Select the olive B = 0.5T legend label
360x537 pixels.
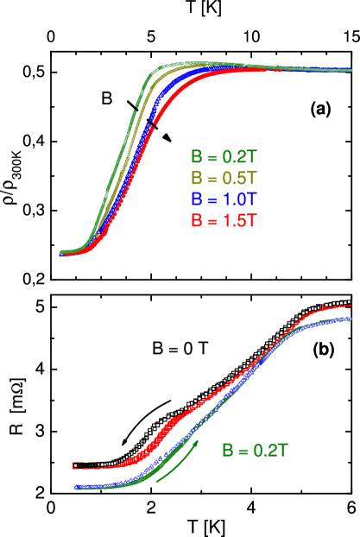click(x=224, y=179)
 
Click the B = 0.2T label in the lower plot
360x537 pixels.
click(x=254, y=450)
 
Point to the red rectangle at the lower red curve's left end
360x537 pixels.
click(x=76, y=465)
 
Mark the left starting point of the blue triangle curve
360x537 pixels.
click(x=77, y=488)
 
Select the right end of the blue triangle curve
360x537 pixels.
click(x=350, y=319)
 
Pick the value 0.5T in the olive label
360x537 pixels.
click(x=238, y=179)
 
